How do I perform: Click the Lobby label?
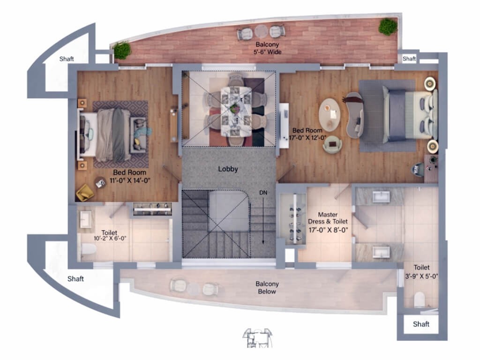click(x=228, y=169)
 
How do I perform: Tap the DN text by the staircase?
click(x=263, y=193)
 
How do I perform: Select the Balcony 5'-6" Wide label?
click(x=267, y=48)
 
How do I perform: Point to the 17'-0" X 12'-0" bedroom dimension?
click(x=307, y=138)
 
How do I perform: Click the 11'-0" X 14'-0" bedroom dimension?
click(x=130, y=180)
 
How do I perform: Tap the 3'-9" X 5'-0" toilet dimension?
click(x=421, y=276)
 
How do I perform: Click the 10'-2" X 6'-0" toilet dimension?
click(x=110, y=239)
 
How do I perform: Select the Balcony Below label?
click(x=267, y=287)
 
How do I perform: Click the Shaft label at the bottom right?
click(x=421, y=324)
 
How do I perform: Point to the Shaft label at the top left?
click(x=67, y=59)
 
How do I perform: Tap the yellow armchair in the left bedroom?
click(x=84, y=193)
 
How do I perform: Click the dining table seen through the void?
click(x=236, y=112)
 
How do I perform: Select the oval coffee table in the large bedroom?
click(x=330, y=114)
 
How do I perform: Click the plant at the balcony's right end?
click(x=388, y=27)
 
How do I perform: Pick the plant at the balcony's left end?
click(x=122, y=50)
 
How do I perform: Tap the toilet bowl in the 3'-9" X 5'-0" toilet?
click(x=420, y=300)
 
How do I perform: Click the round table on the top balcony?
click(x=262, y=31)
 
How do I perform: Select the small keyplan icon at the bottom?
click(x=257, y=337)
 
